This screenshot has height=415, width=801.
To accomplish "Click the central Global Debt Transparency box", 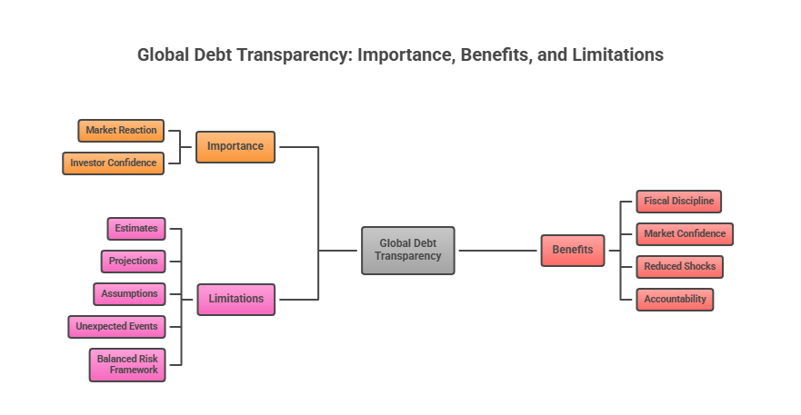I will [x=407, y=250].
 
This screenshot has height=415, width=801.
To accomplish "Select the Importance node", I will [x=235, y=146].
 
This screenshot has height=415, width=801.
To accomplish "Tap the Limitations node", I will [x=235, y=299].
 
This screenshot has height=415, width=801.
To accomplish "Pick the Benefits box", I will [x=572, y=250].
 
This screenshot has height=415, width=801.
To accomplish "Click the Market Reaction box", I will [x=121, y=131].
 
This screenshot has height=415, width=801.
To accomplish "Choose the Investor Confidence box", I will [x=114, y=163].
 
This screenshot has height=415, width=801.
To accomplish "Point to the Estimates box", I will [x=136, y=229].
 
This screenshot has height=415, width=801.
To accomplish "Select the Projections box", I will [x=134, y=262].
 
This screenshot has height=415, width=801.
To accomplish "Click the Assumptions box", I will [x=129, y=294].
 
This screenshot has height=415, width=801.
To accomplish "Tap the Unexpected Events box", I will [x=116, y=327].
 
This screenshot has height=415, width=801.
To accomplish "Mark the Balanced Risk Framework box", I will [x=127, y=365].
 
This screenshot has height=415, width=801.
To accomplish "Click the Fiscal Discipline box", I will [x=678, y=202].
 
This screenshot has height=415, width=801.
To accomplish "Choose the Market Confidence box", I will [x=685, y=234].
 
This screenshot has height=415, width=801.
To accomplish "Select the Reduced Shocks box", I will [x=679, y=267].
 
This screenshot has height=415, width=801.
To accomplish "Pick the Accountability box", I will [x=675, y=300].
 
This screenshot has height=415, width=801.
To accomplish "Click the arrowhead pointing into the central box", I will [x=461, y=250].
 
